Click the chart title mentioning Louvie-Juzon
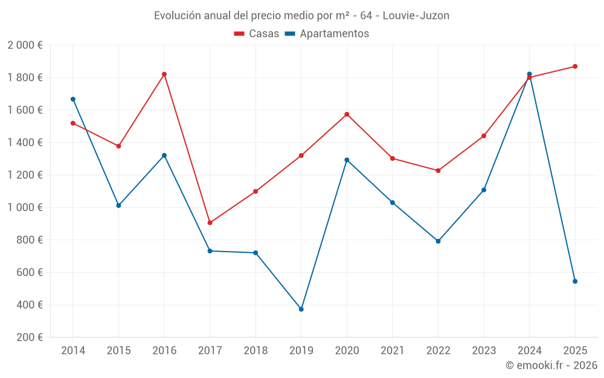[x=301, y=16]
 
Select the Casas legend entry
[x=257, y=34]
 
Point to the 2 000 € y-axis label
[x=25, y=45]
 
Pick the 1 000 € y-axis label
[x=25, y=207]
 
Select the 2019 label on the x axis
[x=301, y=351]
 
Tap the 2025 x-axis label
[x=575, y=351]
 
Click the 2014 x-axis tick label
[x=73, y=351]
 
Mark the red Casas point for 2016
[x=164, y=74]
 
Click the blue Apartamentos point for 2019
[x=301, y=309]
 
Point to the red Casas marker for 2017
[x=210, y=223]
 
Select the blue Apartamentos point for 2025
[x=575, y=281]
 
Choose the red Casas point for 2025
[x=575, y=67]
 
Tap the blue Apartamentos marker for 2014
[x=73, y=99]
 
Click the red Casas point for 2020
[x=347, y=114]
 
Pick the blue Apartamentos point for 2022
[x=438, y=241]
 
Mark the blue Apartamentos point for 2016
[x=164, y=155]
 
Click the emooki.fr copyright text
[x=551, y=365]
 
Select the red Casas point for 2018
[x=255, y=192]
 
